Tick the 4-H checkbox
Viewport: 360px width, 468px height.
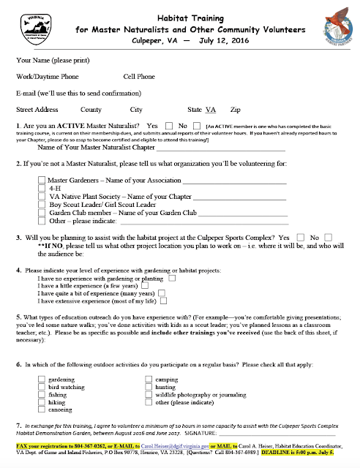click(x=41, y=187)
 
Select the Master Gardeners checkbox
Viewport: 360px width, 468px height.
click(x=41, y=178)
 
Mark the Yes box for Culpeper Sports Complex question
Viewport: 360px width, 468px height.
click(x=297, y=238)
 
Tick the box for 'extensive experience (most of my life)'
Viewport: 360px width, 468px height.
click(x=164, y=300)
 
